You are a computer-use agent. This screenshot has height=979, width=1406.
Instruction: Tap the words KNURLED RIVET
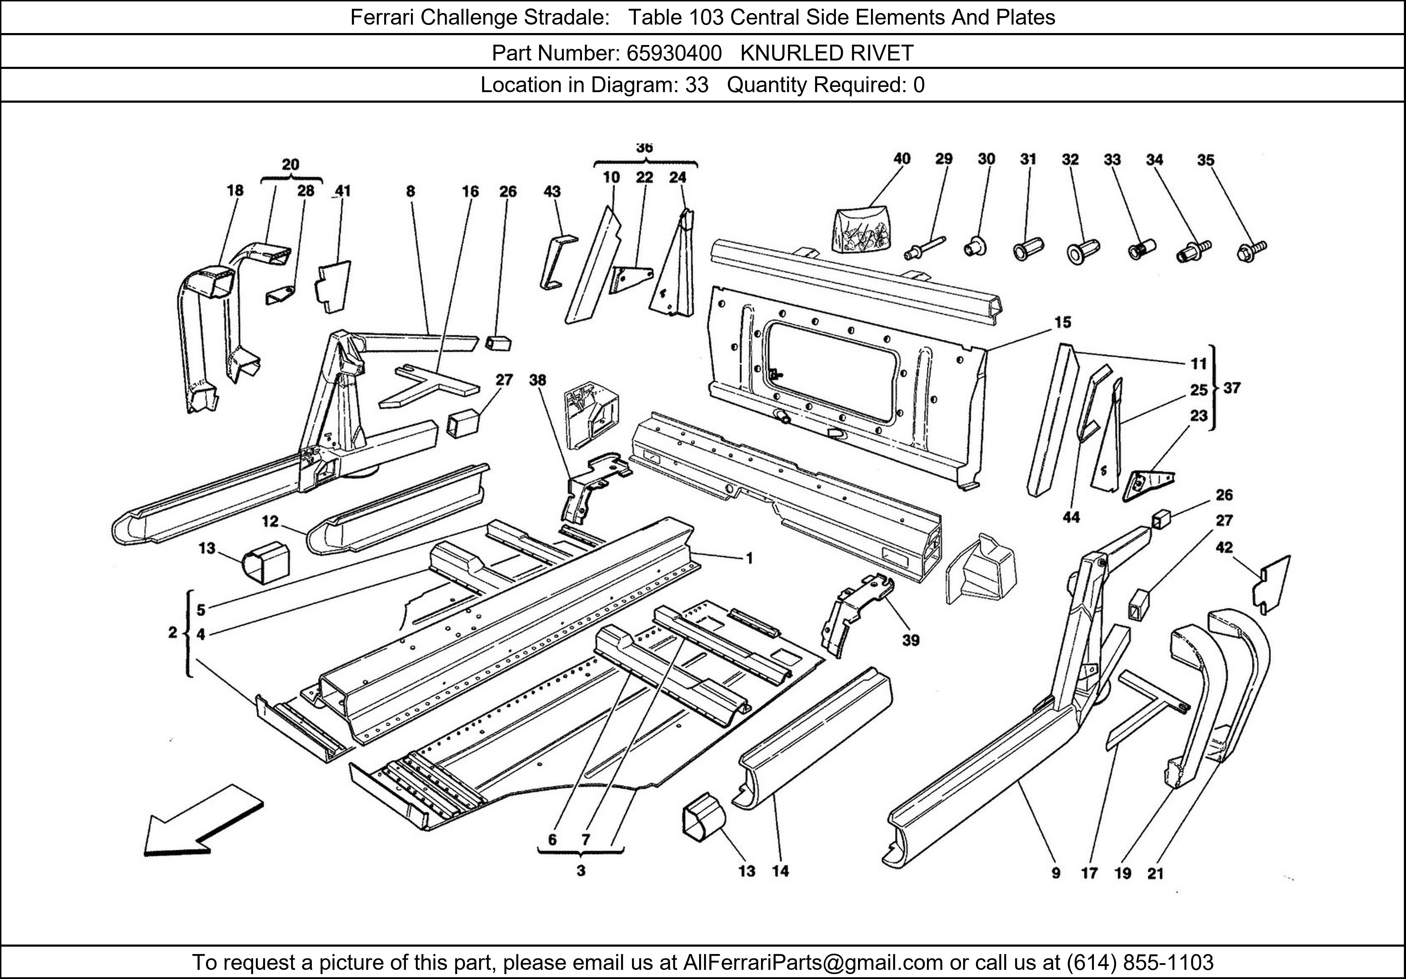pos(827,53)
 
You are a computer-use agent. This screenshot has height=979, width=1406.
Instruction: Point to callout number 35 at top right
pos(1206,160)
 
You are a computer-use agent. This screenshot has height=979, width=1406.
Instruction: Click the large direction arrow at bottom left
pos(202,821)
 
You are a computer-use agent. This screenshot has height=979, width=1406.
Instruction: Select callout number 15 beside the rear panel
pos(1063,322)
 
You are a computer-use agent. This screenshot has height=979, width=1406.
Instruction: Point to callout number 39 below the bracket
pos(911,640)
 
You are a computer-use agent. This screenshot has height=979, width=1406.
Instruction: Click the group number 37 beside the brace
pos(1231,388)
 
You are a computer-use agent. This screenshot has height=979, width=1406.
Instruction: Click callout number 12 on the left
pos(270,522)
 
